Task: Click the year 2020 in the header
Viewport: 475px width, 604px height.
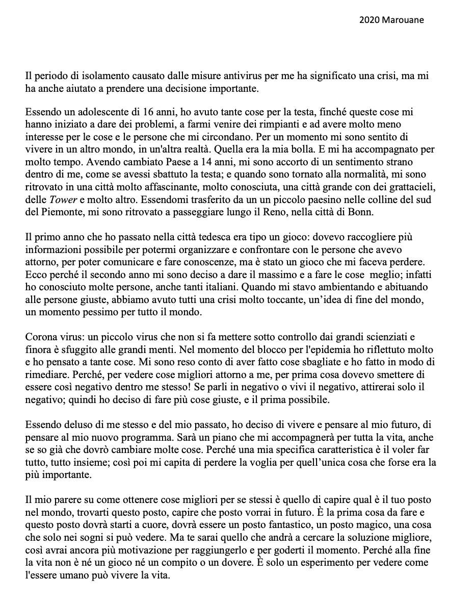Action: pyautogui.click(x=368, y=20)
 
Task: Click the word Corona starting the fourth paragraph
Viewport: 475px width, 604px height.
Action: pyautogui.click(x=40, y=337)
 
